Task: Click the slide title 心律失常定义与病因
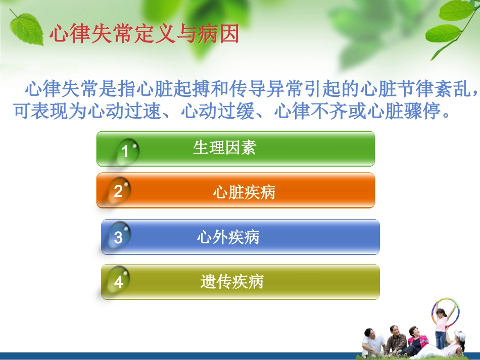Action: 144,35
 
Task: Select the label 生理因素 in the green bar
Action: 224,147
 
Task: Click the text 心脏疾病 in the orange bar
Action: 244,192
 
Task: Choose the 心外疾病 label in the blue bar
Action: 228,237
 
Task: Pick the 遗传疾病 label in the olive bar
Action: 231,282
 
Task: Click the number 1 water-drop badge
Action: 125,151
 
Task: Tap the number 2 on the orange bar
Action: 118,191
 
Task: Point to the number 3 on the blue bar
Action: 118,237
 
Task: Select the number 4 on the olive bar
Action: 118,282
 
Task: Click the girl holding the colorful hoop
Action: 441,326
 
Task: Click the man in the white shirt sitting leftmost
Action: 373,342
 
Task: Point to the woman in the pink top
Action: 416,339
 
